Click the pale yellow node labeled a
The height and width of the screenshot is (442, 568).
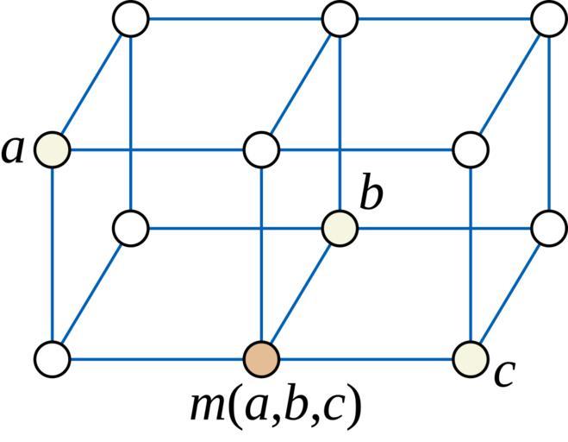tap(53, 149)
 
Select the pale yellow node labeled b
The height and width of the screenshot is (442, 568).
tap(340, 230)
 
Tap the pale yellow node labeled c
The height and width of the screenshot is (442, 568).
tap(471, 357)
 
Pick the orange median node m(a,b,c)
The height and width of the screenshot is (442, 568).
tap(261, 357)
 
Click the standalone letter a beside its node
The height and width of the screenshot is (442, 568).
tap(13, 149)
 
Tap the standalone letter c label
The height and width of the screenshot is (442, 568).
tap(504, 373)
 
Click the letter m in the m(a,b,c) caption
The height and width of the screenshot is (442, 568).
tap(206, 407)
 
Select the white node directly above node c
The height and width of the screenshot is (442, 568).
tap(471, 149)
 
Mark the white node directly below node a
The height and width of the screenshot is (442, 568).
tap(53, 357)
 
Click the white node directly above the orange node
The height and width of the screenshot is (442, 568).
tap(261, 149)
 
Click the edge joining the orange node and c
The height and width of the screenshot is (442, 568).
tap(366, 357)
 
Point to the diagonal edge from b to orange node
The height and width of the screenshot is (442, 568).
tap(300, 294)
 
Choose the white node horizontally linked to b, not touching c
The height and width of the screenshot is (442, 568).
tap(131, 230)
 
